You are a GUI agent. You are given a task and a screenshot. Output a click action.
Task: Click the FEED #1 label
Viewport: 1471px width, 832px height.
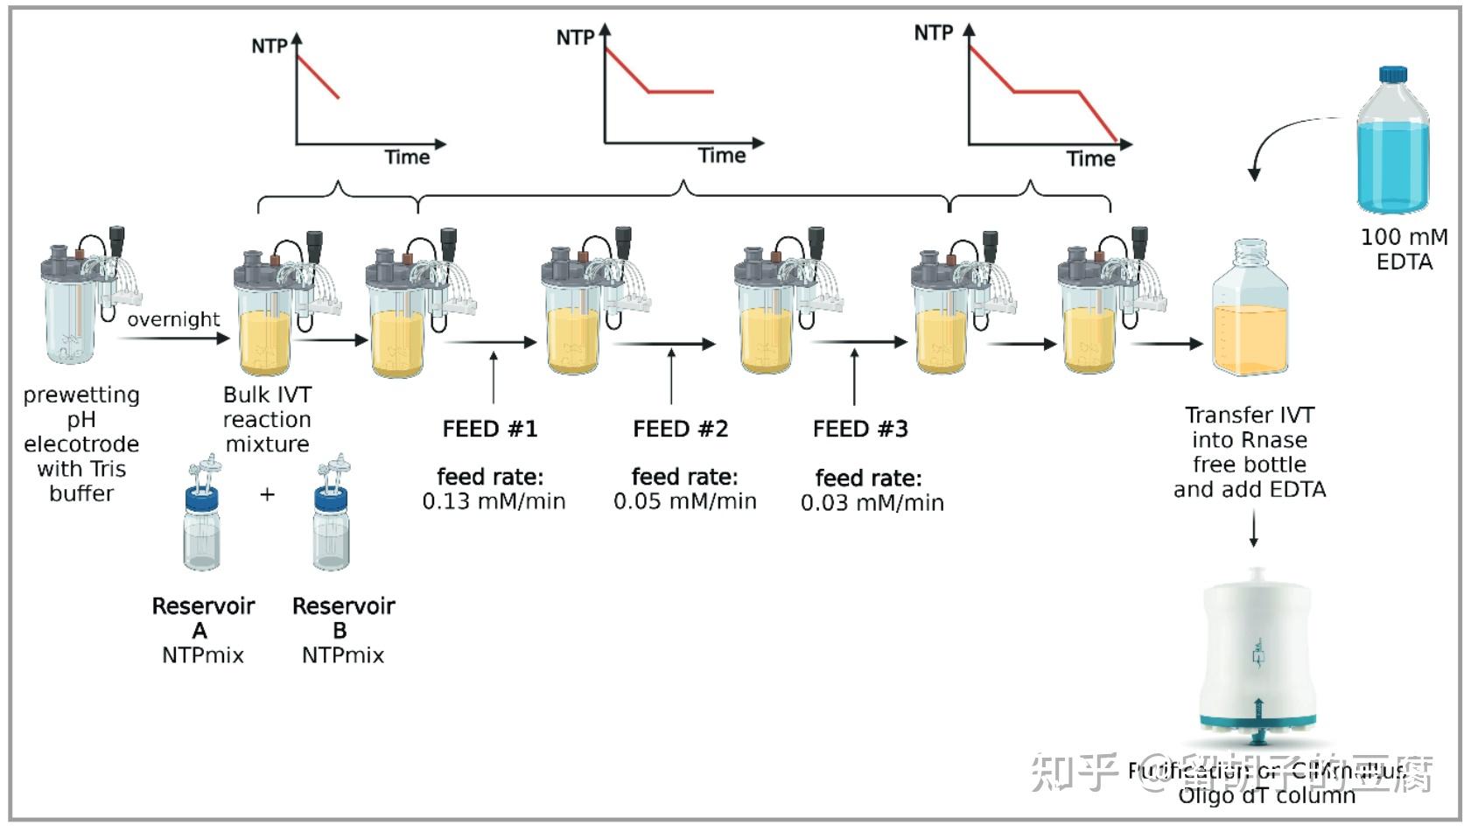(x=489, y=430)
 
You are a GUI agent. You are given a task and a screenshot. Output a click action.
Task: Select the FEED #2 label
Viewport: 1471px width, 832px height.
(x=680, y=430)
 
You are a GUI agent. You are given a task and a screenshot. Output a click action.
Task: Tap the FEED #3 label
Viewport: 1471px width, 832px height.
(x=860, y=430)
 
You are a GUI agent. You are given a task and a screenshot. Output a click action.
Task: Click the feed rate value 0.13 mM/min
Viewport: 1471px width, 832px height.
(x=494, y=501)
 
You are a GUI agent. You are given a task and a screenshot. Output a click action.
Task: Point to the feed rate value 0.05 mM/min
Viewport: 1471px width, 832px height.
(x=684, y=501)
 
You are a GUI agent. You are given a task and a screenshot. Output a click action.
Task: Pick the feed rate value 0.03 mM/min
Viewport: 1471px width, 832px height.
(x=872, y=503)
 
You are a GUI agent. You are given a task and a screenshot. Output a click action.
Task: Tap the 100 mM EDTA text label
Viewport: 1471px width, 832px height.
(x=1404, y=249)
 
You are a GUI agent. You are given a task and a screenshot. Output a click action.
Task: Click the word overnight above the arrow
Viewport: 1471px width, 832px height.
(x=173, y=319)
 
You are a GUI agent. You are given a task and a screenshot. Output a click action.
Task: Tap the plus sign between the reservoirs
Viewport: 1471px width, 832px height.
(x=268, y=494)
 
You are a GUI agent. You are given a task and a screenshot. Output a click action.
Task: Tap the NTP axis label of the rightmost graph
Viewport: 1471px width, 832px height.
(x=933, y=33)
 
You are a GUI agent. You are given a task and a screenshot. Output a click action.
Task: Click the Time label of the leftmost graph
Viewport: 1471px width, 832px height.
(x=407, y=157)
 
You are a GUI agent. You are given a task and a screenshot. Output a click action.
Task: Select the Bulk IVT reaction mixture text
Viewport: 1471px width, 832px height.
(x=267, y=420)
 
